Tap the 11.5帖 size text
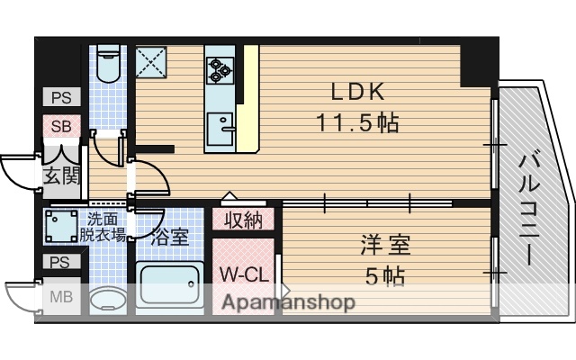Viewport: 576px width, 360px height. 357,121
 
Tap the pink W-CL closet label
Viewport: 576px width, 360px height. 241,273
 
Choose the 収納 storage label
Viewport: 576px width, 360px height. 244,219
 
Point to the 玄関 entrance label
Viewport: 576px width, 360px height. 59,175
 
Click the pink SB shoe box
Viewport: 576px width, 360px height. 60,126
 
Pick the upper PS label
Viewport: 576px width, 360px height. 60,98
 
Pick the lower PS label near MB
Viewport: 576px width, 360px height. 60,263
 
